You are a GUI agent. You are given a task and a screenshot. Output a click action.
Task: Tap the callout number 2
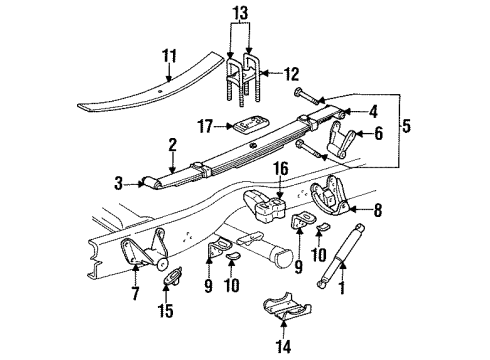pos(172,144)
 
